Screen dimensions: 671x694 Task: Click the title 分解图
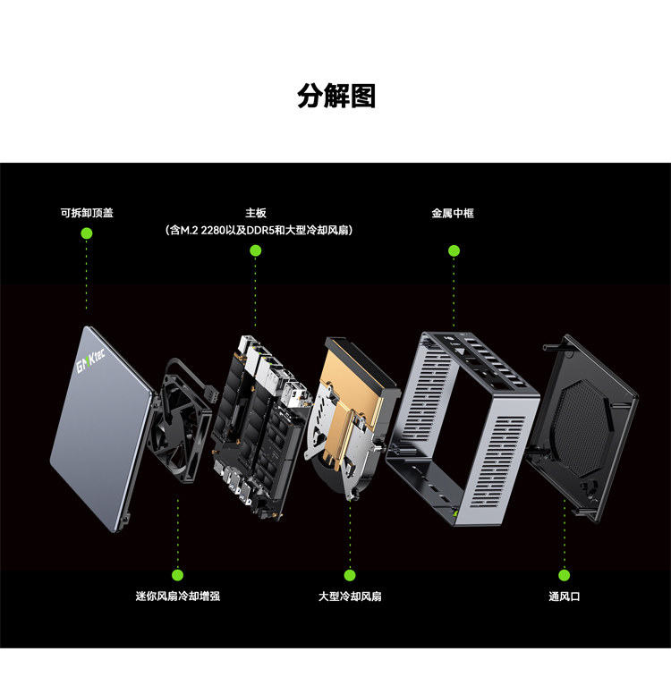[336, 96]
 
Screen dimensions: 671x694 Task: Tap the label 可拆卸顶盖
[87, 213]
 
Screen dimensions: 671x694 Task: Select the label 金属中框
[453, 214]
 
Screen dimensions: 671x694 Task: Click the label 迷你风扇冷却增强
[178, 597]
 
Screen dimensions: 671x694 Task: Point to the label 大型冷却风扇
[350, 597]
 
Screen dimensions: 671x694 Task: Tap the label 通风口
[565, 597]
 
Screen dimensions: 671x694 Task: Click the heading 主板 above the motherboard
[256, 213]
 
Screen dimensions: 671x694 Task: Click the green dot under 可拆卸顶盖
[87, 233]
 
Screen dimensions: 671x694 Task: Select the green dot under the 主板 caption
[256, 251]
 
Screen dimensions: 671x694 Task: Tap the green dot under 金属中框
[454, 251]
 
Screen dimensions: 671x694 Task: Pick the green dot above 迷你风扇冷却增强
[178, 575]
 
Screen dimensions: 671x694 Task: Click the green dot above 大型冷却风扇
[350, 575]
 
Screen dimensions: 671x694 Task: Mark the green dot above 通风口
[565, 575]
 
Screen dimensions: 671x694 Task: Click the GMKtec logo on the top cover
[90, 360]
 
